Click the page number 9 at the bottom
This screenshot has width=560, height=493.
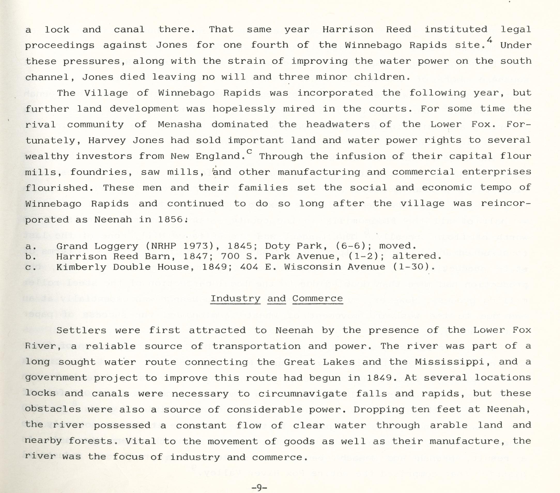click(259, 487)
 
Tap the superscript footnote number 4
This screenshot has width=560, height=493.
click(490, 41)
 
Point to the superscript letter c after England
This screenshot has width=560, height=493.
click(249, 151)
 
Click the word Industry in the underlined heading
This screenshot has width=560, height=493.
click(235, 298)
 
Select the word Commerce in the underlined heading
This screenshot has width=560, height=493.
click(317, 298)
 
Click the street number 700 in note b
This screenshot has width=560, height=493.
click(230, 256)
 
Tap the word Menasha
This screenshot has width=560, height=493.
click(179, 124)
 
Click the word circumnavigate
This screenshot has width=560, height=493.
click(302, 394)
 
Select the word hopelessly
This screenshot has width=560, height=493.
click(244, 109)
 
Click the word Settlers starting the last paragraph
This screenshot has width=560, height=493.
click(81, 330)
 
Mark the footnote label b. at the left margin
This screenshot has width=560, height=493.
click(28, 257)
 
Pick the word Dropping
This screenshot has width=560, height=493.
click(379, 410)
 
